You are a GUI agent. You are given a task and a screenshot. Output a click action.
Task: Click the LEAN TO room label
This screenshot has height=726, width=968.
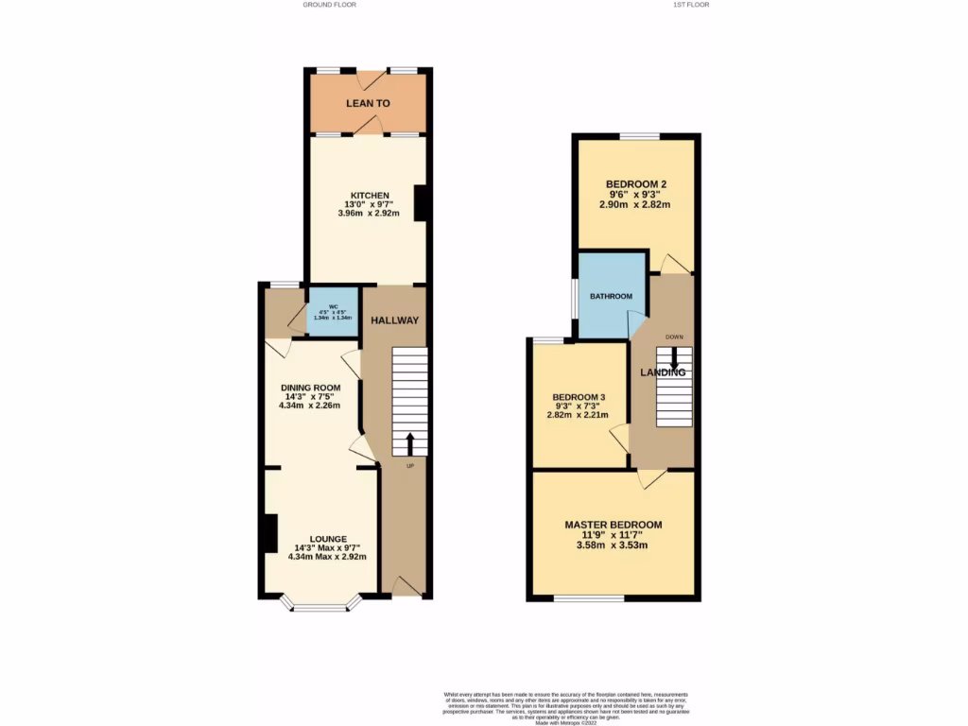coord(368,103)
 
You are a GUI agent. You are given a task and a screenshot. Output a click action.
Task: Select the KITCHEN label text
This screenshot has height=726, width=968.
coord(368,196)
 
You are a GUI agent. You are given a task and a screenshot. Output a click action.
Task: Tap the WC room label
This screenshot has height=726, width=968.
coord(333,306)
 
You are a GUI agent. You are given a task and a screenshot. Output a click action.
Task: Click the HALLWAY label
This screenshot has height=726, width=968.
coord(394,320)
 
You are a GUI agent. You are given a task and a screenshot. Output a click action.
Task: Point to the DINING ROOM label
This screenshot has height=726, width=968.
coord(309,388)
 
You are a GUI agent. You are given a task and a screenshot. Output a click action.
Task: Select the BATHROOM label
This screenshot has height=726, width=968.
coord(611,297)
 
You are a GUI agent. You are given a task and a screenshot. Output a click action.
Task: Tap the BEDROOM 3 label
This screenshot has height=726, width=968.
coord(579,397)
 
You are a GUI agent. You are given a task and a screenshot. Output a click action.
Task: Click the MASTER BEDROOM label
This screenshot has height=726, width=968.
coord(613,525)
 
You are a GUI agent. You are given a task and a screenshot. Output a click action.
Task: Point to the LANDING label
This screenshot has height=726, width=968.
coord(663,372)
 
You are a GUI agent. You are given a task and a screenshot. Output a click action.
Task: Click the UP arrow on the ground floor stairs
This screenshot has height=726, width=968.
coord(410,444)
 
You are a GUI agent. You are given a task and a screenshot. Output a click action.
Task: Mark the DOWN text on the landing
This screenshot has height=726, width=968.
coord(674,337)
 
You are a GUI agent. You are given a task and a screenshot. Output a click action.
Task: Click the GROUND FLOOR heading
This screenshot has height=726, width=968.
coord(329,5)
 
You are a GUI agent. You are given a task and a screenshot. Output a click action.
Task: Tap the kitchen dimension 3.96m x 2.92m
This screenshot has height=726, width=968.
coord(368,214)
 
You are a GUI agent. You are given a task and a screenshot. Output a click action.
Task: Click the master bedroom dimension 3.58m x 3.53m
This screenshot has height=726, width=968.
coord(613,544)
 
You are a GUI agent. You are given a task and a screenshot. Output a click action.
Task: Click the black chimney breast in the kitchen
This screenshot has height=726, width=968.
coord(420,203)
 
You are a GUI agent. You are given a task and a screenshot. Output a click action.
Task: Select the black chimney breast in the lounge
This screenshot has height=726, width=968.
coord(270,534)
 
